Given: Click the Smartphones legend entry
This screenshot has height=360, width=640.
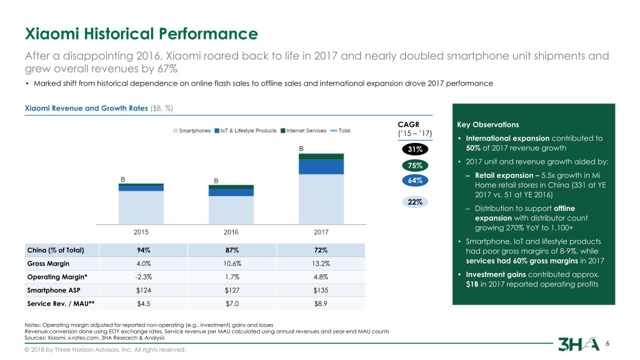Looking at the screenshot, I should tap(192, 131).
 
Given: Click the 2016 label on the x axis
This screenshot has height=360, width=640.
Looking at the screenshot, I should tap(231, 232).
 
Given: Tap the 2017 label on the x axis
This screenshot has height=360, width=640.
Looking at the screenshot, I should tap(320, 232).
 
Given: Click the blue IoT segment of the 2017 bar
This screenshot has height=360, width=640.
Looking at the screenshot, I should tap(320, 166).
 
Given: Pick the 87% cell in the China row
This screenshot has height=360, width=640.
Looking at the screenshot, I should tap(231, 250).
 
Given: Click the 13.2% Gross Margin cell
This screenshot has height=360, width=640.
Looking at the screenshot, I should tap(320, 263).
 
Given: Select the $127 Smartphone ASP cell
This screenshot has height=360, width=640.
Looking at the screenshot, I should tap(231, 290).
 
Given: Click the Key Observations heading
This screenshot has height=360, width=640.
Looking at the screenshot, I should tap(488, 124).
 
